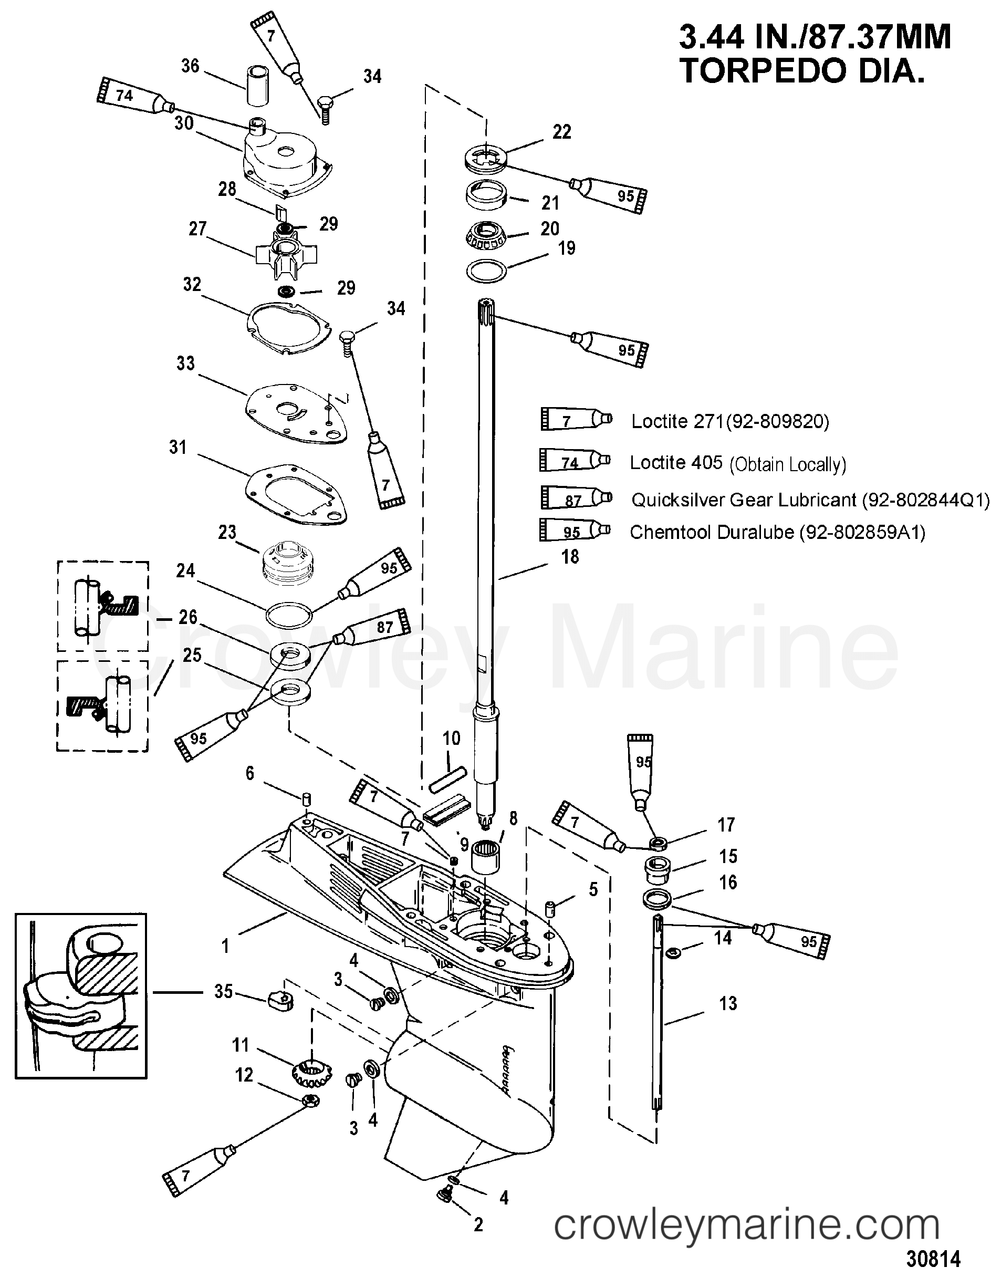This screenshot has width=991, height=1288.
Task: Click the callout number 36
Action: (190, 66)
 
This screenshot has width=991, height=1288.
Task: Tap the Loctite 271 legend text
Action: (730, 421)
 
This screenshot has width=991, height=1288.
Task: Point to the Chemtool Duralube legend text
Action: (777, 532)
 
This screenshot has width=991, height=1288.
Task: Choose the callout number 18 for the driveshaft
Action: (569, 556)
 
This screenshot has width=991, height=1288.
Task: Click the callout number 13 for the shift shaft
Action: (727, 1003)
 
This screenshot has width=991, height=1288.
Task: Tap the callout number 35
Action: (223, 991)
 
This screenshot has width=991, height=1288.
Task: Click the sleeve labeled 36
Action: (256, 87)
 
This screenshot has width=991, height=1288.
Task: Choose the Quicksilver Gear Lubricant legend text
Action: (810, 500)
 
